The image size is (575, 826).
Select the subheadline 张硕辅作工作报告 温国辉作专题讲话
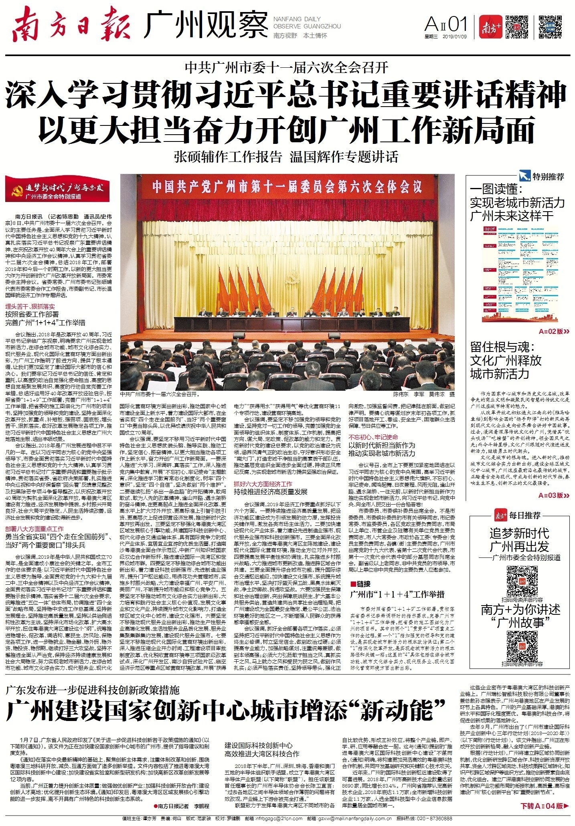[286, 157]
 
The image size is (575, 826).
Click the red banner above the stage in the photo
[287, 187]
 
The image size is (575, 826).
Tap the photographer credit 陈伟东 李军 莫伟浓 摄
[424, 394]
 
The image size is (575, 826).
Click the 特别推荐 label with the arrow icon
[542, 176]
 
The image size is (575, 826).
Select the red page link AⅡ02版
[554, 331]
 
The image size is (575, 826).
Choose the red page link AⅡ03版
[554, 495]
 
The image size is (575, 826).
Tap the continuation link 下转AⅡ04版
[544, 806]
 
